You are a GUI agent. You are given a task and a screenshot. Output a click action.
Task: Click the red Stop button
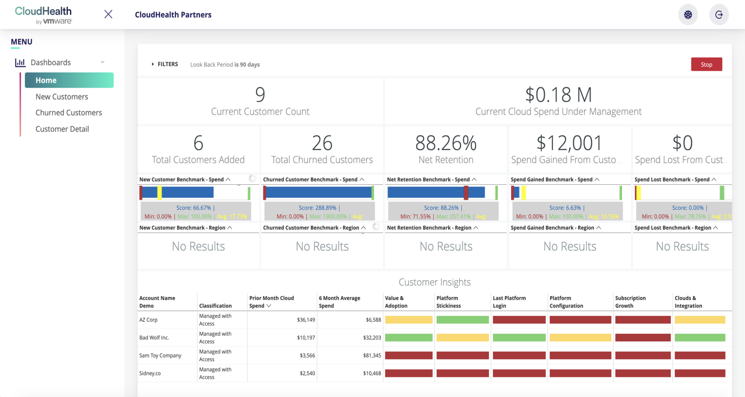[x=706, y=65]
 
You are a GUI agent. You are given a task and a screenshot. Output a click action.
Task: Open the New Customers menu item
[x=62, y=97]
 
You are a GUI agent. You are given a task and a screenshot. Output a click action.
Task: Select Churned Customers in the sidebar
[x=69, y=113]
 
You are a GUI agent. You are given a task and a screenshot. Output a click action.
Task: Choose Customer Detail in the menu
[x=62, y=129]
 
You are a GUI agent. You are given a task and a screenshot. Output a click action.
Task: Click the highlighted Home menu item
[x=69, y=80]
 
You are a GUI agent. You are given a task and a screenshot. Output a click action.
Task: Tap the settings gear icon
[x=688, y=15]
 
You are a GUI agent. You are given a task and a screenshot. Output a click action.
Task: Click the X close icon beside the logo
[x=108, y=14]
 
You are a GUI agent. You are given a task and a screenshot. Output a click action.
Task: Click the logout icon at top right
[x=718, y=15]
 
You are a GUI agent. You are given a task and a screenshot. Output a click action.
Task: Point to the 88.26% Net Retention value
[x=445, y=143]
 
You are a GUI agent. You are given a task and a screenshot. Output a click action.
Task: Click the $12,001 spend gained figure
[x=569, y=143]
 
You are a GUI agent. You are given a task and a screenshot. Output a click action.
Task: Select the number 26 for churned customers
[x=322, y=143]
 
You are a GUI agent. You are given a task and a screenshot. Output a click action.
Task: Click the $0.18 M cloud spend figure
[x=558, y=95]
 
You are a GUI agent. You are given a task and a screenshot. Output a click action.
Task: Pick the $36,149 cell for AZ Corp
[x=306, y=320]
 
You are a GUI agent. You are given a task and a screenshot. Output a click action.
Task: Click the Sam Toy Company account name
[x=160, y=356]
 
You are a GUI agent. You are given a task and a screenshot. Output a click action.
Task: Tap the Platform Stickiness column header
[x=448, y=302]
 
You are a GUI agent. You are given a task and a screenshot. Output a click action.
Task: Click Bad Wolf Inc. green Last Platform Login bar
[x=519, y=338]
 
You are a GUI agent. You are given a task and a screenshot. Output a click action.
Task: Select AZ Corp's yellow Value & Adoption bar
[x=408, y=320]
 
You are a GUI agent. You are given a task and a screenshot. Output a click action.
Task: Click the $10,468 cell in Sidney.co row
[x=372, y=374]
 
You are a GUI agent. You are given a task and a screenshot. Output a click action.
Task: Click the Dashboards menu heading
[x=50, y=63]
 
